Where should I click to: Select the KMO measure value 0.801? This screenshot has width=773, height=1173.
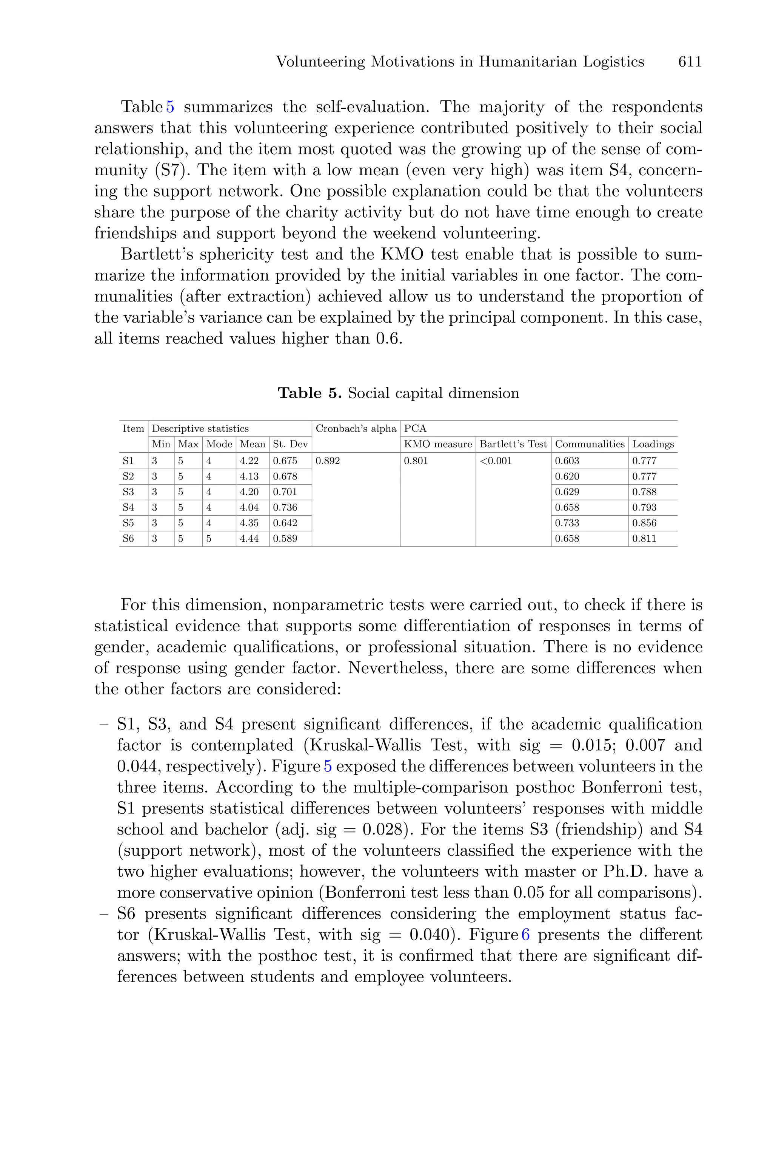pyautogui.click(x=416, y=461)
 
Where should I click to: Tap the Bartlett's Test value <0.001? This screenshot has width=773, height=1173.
pyautogui.click(x=496, y=461)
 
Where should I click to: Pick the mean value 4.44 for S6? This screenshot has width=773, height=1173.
pyautogui.click(x=249, y=539)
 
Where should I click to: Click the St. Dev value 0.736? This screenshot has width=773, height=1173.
pyautogui.click(x=285, y=508)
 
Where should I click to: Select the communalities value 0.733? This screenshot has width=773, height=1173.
pyautogui.click(x=567, y=523)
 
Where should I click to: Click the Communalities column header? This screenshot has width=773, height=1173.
pyautogui.click(x=590, y=444)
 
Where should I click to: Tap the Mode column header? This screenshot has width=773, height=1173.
pyautogui.click(x=219, y=444)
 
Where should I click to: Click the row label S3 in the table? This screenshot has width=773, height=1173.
pyautogui.click(x=128, y=492)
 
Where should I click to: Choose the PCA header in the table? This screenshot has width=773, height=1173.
pyautogui.click(x=415, y=429)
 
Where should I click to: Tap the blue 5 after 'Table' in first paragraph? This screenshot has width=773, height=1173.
pyautogui.click(x=170, y=107)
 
